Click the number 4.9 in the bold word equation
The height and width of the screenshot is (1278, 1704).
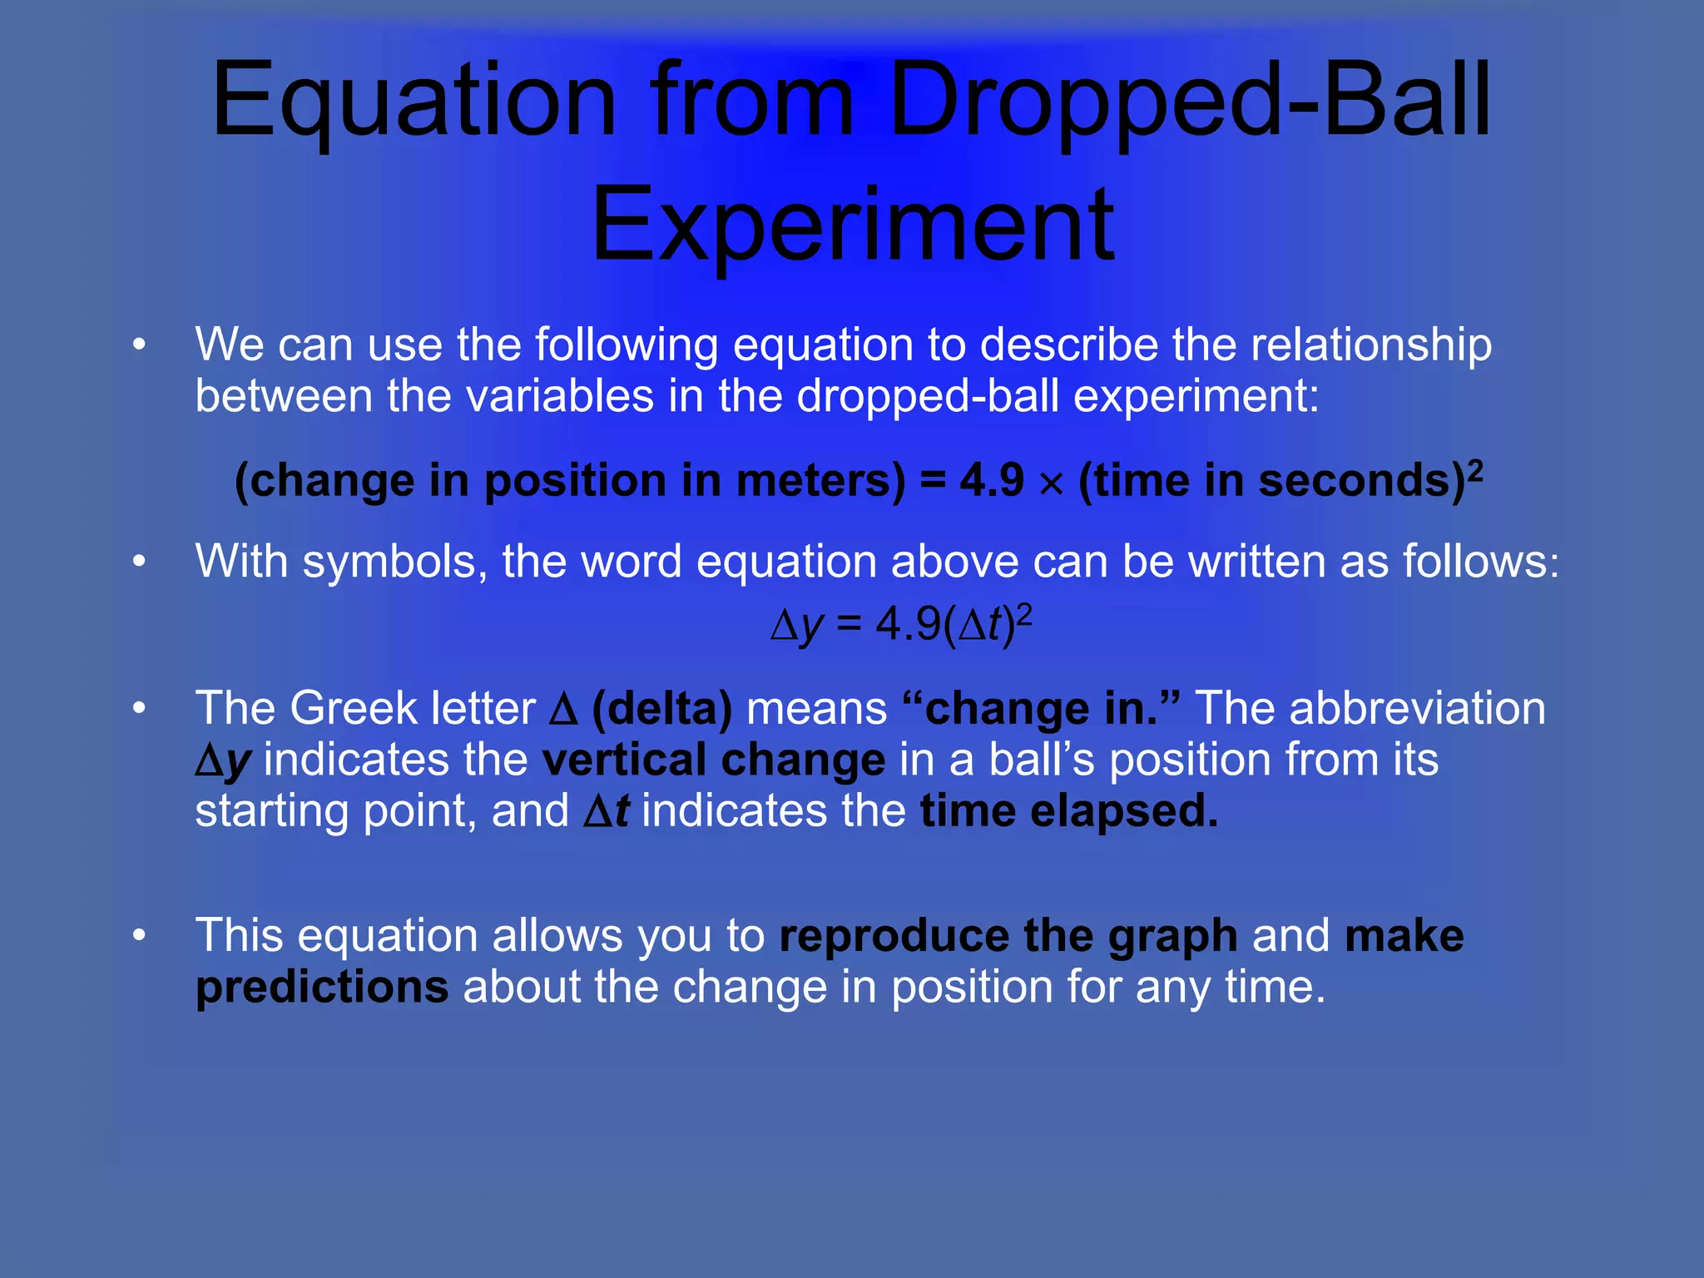click(x=991, y=481)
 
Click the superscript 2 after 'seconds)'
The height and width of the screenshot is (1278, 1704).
click(x=1475, y=469)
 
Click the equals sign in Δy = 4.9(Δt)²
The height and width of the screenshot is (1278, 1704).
click(x=849, y=625)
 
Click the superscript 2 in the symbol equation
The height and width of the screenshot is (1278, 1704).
click(x=1024, y=614)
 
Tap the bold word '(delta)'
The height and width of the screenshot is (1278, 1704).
click(x=662, y=709)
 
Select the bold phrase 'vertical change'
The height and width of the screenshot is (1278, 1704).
click(x=713, y=760)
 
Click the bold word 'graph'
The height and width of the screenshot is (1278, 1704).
click(x=1172, y=937)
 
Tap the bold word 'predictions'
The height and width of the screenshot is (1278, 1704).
click(x=322, y=988)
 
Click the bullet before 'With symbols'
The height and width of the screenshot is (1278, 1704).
click(x=139, y=562)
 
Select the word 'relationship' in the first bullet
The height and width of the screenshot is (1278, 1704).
click(x=1371, y=344)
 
